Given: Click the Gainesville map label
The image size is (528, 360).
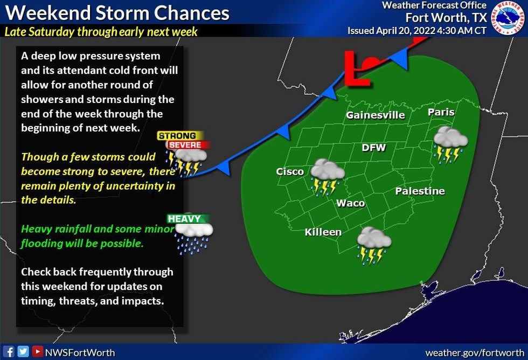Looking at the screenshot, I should (375, 115).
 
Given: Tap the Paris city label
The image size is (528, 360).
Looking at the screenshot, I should (441, 113).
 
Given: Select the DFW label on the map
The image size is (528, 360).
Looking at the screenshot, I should (373, 148).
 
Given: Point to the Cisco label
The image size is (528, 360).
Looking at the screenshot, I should (290, 172).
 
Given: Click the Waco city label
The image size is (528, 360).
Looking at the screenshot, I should (351, 203).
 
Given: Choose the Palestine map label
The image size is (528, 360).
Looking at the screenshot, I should (420, 191).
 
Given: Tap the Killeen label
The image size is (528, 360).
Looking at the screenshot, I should (323, 232).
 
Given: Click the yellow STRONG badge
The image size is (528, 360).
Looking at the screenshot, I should (180, 136).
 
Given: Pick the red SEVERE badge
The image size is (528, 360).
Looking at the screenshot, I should (185, 145).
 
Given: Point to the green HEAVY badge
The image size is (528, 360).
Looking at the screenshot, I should (184, 219).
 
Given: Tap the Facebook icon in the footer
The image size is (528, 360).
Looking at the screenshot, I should (10, 352).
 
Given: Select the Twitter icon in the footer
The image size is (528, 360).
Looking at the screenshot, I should (24, 352).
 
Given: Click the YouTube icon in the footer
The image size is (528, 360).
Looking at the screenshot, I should (37, 352).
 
